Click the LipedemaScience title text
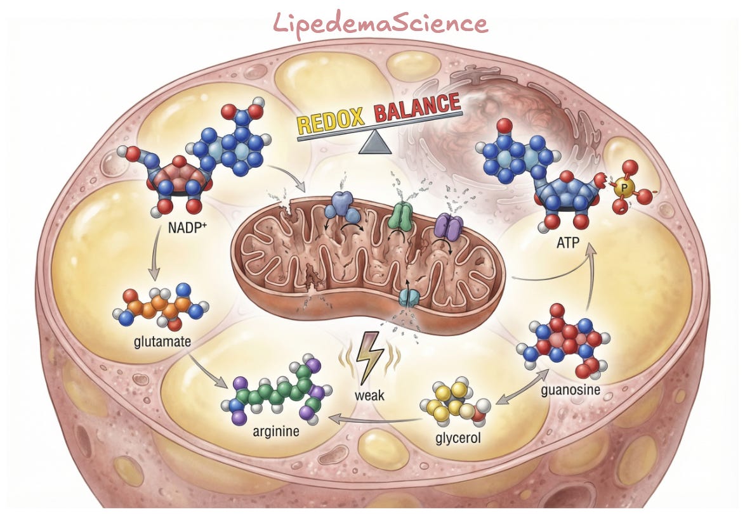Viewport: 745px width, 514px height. pyautogui.click(x=381, y=23)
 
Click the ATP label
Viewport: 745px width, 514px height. pyautogui.click(x=568, y=243)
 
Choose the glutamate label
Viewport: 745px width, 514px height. pyautogui.click(x=162, y=341)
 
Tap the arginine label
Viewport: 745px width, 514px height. pyautogui.click(x=276, y=432)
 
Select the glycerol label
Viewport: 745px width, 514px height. pyautogui.click(x=458, y=437)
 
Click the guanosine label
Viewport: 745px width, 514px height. pyautogui.click(x=570, y=390)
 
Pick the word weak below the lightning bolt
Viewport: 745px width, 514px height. pyautogui.click(x=369, y=395)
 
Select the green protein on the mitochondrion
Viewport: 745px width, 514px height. pyautogui.click(x=404, y=214)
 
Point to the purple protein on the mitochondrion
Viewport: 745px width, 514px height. pyautogui.click(x=449, y=225)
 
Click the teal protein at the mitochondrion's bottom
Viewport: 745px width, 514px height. pyautogui.click(x=409, y=297)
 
